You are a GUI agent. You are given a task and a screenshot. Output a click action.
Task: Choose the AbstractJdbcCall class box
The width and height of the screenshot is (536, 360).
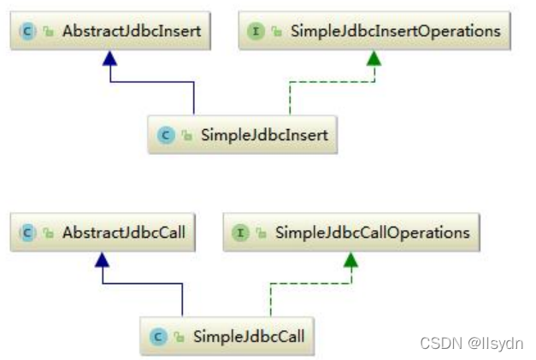pyautogui.click(x=102, y=232)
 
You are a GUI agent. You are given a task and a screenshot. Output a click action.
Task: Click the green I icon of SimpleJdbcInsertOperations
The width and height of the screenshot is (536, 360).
pyautogui.click(x=254, y=32)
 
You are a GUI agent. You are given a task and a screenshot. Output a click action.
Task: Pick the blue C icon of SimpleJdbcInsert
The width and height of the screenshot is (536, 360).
pyautogui.click(x=164, y=135)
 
